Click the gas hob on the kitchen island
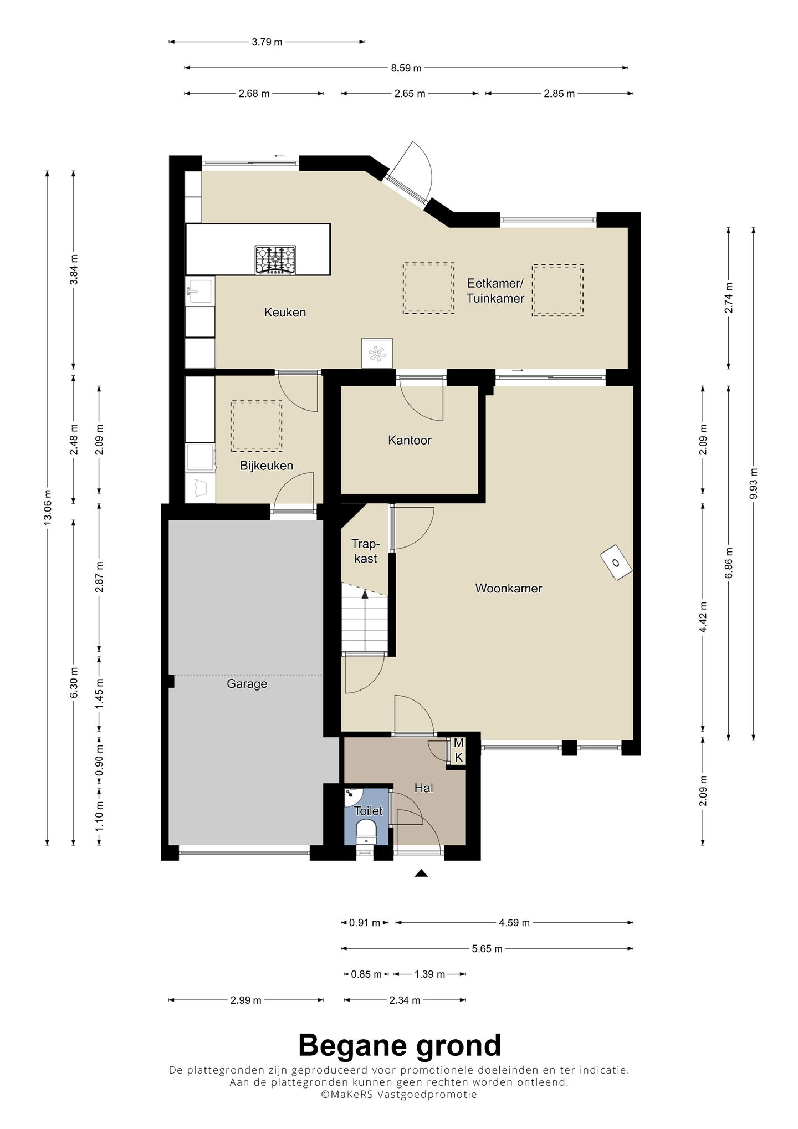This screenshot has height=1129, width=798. coord(275,260)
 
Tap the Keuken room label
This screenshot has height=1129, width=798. coord(285,313)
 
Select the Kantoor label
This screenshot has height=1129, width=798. coord(410,440)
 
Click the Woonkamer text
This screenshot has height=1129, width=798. coord(509,588)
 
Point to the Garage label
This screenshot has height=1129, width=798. coord(247,684)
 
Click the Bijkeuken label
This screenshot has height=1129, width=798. coord(267,466)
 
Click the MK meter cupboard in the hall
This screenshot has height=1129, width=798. coord(458,750)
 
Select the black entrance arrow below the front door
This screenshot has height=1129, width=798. coord(422,873)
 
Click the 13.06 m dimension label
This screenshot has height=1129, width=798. coord(48,507)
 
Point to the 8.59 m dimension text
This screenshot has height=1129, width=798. coord(406,68)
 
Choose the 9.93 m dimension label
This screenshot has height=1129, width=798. coord(754,483)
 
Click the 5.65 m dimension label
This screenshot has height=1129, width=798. coord(487,949)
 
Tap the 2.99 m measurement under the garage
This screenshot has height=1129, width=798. coord(245,1000)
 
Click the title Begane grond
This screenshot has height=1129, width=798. coord(400,1045)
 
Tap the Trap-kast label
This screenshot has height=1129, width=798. coord(366,551)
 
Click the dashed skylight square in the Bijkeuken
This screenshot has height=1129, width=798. coord(256,426)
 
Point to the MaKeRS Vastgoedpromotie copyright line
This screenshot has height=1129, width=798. coord(399,1094)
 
